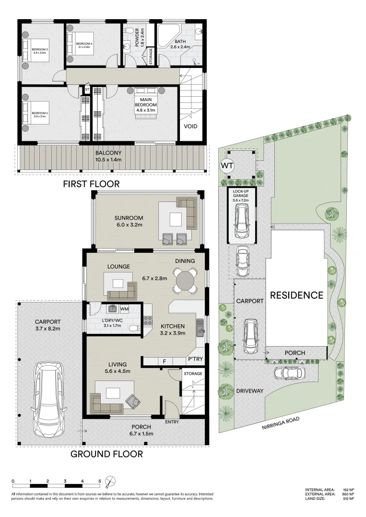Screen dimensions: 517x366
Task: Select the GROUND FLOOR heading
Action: pyautogui.click(x=106, y=454)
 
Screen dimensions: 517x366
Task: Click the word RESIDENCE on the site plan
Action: pyautogui.click(x=296, y=295)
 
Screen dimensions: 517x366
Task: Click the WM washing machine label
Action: pyautogui.click(x=124, y=309)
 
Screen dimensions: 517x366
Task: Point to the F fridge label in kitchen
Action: pyautogui.click(x=164, y=361)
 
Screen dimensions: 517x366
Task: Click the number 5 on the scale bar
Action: pyautogui.click(x=100, y=481)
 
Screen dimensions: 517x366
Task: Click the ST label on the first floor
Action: pyautogui.click(x=87, y=90)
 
